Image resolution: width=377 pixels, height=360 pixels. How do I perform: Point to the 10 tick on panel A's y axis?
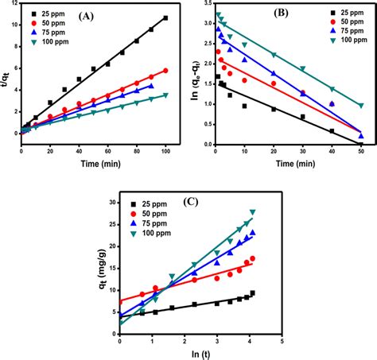point(14,25)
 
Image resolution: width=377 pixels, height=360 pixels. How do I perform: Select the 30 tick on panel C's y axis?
point(110,203)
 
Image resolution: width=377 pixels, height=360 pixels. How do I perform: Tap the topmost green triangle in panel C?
point(252,212)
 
